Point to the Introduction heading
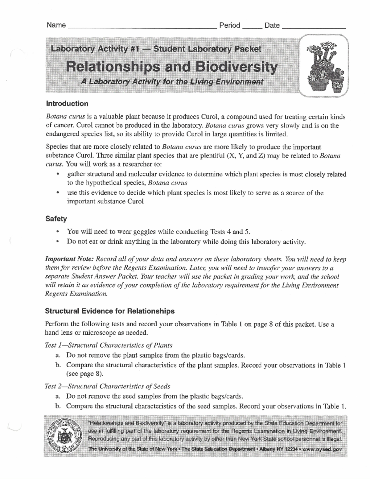tap(67, 104)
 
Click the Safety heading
tap(56, 219)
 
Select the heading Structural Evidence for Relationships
tap(110, 311)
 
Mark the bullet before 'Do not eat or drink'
tap(58, 242)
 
